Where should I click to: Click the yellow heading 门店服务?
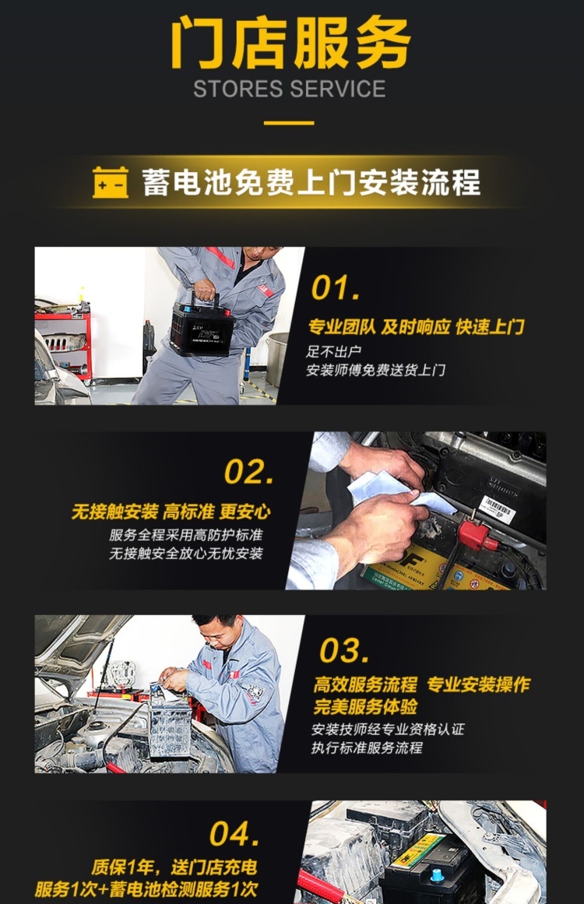tap(290, 43)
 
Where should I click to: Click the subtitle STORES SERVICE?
tap(290, 89)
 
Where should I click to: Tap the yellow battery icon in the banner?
tap(110, 183)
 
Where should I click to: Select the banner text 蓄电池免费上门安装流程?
tap(311, 183)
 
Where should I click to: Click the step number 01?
tap(336, 288)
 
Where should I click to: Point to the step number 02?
tap(248, 472)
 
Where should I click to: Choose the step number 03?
tap(344, 651)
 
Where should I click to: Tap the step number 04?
tap(234, 834)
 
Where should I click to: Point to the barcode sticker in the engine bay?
tap(497, 509)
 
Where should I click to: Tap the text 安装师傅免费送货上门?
tap(376, 370)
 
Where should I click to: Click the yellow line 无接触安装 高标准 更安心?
tap(171, 512)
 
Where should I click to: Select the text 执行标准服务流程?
tap(368, 747)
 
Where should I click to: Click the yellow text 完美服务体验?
tap(365, 707)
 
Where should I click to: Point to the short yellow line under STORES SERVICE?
tap(289, 123)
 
